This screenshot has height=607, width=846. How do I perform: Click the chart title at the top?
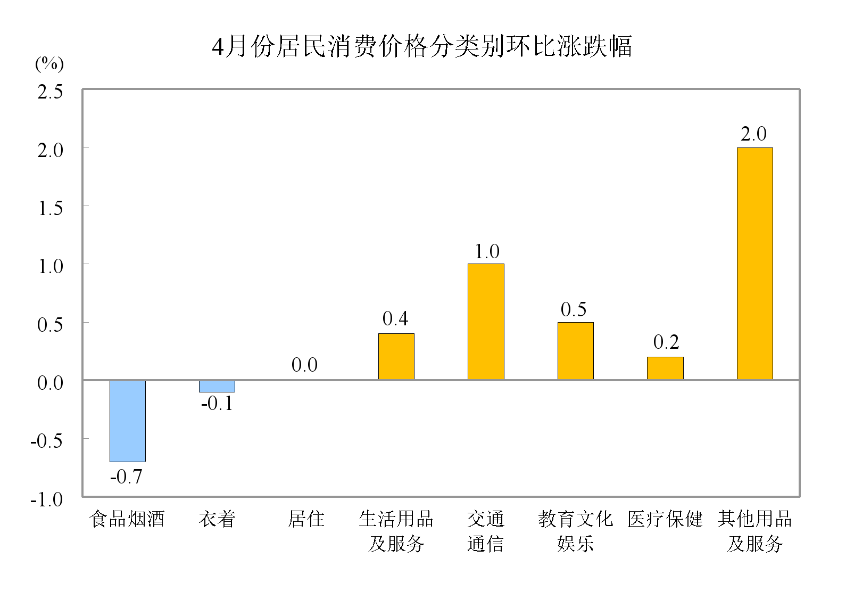(422, 46)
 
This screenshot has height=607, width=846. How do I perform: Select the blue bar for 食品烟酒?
(128, 421)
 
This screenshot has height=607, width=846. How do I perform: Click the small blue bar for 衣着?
(217, 386)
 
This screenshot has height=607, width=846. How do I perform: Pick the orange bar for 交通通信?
(486, 322)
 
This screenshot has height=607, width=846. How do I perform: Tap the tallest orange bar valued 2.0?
(754, 264)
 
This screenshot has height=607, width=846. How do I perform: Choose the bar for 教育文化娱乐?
(575, 351)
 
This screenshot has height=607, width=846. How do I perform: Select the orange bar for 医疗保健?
(665, 368)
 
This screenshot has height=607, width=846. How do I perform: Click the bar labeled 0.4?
(396, 356)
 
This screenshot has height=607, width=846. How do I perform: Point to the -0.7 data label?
(126, 477)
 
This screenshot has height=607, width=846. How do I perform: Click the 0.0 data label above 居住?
(304, 365)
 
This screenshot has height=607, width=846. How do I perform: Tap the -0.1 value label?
(217, 404)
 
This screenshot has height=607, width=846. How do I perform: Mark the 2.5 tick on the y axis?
(50, 92)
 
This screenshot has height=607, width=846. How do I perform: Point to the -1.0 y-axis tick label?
(47, 499)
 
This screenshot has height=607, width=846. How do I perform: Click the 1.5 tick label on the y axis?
(50, 208)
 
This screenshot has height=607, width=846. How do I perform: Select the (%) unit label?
(49, 64)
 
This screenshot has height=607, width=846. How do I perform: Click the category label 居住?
(306, 519)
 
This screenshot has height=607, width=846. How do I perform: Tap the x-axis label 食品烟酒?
(127, 519)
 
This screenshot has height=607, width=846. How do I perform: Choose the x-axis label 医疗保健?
(665, 519)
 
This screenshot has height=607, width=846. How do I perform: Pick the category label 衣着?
(217, 519)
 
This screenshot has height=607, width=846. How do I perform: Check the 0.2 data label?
(666, 342)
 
